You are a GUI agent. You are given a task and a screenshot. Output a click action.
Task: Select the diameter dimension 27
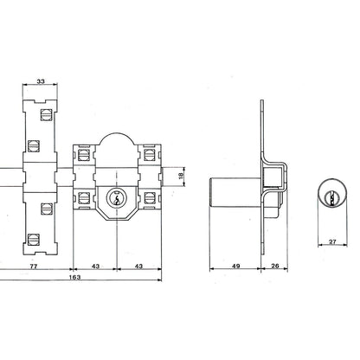333,243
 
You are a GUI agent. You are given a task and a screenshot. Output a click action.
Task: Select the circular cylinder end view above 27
332,196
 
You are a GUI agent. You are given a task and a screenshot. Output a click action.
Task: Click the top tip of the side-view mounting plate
263,105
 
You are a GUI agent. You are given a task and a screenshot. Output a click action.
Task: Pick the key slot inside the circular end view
333,196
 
